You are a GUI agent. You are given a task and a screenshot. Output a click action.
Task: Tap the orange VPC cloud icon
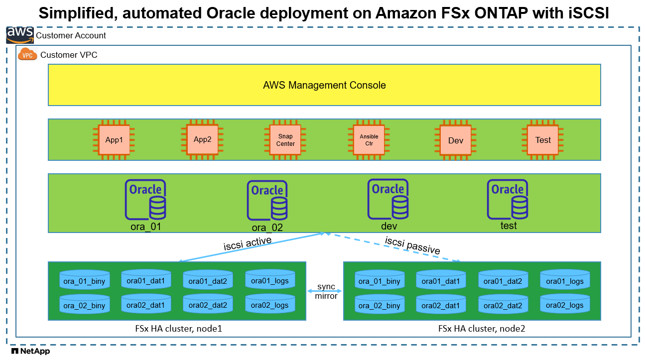point(27,55)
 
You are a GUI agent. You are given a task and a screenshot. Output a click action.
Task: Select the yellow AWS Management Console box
point(324,85)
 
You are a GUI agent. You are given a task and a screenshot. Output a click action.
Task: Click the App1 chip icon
point(114,140)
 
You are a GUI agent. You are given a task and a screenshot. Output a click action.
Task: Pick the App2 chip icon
point(202,139)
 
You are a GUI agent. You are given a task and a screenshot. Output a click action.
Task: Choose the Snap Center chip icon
point(285,140)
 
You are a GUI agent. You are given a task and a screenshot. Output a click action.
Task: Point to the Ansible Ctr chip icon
point(369,140)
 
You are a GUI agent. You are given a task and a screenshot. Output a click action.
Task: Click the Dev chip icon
point(456,140)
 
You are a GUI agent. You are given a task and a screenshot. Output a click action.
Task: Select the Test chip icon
point(543,140)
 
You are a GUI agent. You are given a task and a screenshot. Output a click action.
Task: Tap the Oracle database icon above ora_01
point(145,200)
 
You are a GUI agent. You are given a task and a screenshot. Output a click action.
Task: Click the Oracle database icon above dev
point(388,199)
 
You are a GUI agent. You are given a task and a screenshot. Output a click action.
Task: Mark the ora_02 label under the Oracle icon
point(267,228)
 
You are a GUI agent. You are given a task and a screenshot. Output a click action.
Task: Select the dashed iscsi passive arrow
point(393,247)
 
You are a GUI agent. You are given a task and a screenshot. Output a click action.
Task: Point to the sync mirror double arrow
point(325,288)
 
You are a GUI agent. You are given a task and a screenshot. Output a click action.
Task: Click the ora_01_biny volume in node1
point(85,281)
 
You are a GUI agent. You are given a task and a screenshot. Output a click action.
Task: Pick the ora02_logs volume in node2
point(565,305)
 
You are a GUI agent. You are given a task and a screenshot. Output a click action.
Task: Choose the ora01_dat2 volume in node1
point(208,281)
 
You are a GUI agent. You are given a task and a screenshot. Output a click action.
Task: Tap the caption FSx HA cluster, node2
point(482,329)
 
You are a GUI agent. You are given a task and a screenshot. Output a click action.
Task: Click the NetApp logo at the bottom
point(30,352)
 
